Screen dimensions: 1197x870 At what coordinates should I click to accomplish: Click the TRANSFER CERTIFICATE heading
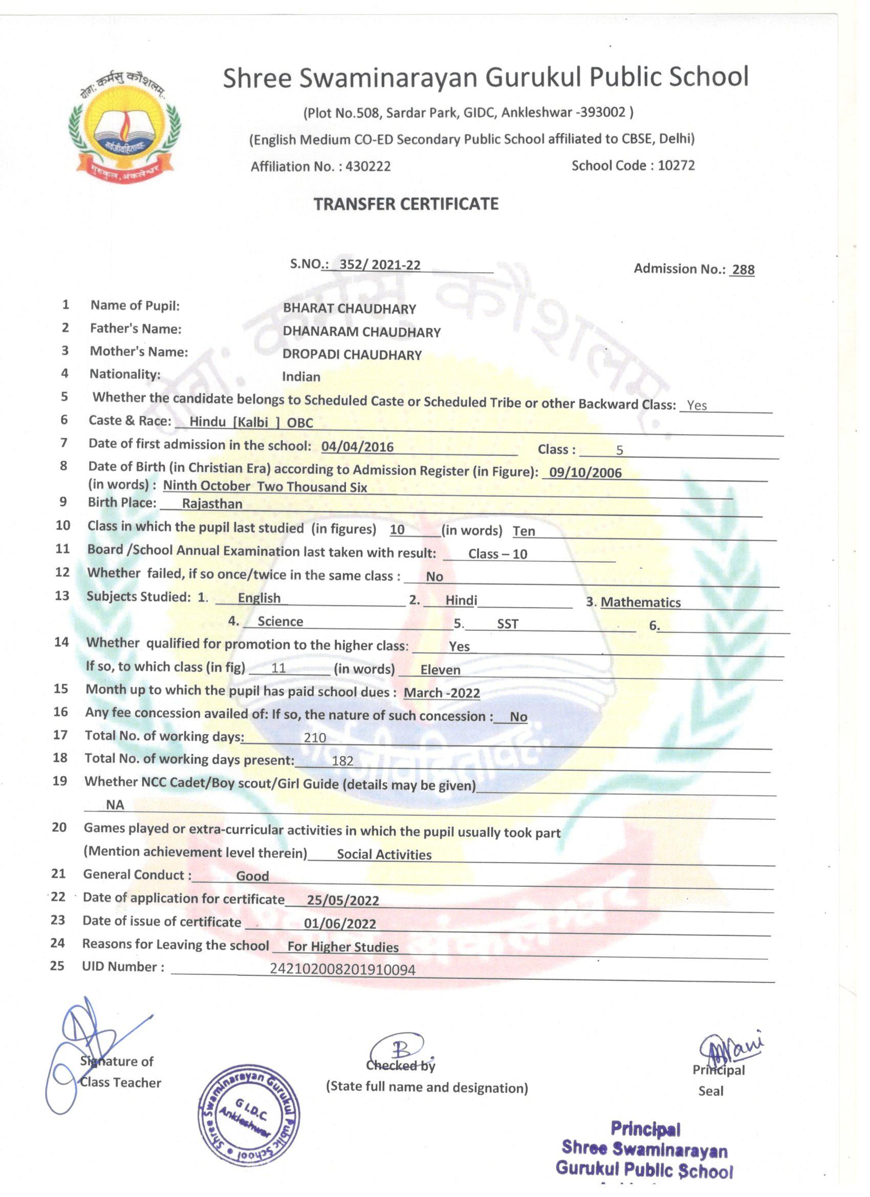pos(406,204)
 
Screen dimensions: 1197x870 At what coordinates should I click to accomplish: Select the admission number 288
pos(743,270)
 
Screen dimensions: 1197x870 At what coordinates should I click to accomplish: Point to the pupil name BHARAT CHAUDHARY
pos(349,309)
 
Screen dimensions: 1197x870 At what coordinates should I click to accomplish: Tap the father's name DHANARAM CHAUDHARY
pos(361,332)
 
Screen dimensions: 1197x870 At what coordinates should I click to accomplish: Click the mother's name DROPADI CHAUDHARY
pos(352,355)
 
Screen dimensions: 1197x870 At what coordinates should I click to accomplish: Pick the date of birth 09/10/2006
pos(585,473)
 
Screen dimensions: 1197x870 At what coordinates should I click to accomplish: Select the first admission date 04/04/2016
pos(357,447)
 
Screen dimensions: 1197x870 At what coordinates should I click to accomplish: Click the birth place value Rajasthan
pos(211,503)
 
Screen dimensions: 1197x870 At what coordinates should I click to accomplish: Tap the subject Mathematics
pos(641,602)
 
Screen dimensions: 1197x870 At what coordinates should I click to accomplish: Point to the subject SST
pos(508,624)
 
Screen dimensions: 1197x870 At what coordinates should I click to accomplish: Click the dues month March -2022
pos(442,693)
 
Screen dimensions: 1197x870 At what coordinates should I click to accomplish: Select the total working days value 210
pos(315,738)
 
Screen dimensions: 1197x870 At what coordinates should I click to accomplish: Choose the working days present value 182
pos(342,760)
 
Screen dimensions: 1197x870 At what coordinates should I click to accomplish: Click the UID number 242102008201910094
pos(342,969)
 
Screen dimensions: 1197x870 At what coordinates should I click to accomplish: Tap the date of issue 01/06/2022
pos(340,924)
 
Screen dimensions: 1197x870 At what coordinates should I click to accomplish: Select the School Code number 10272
pos(676,166)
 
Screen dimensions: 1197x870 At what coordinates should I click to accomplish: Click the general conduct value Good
pos(252,876)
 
